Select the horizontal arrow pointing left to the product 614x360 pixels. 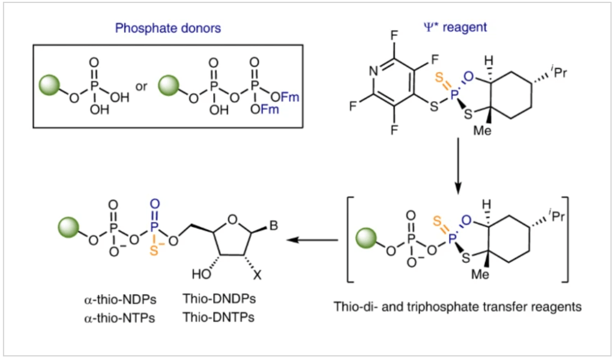coord(312,240)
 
